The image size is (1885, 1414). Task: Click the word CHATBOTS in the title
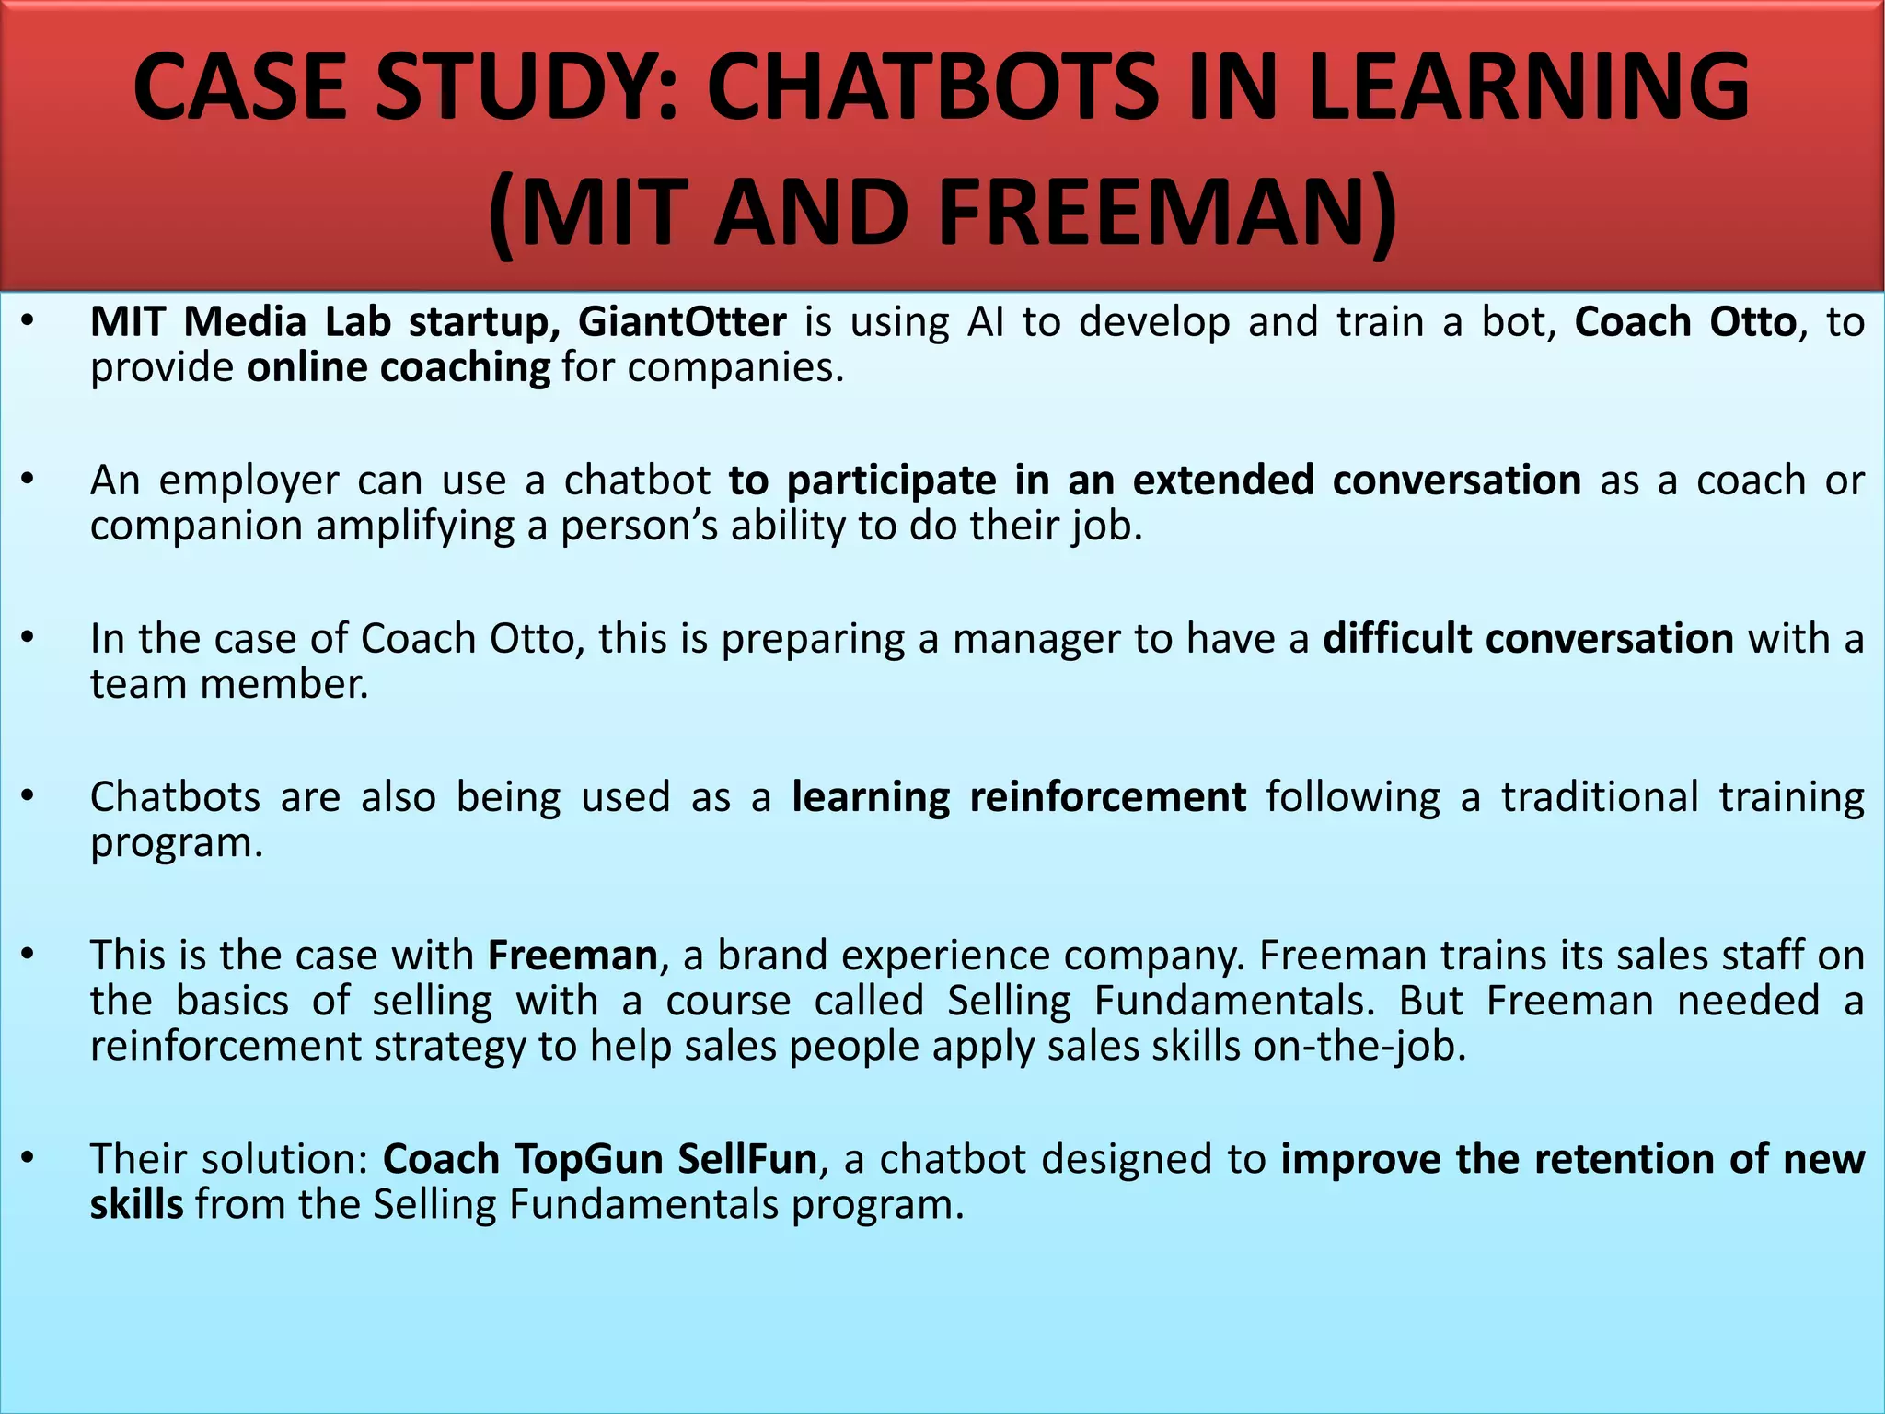tap(935, 87)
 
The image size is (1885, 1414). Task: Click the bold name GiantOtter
tap(682, 322)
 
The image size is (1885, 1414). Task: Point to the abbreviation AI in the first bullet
tap(986, 322)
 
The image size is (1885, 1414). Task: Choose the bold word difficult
tap(1397, 639)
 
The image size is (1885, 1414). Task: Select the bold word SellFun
tap(747, 1159)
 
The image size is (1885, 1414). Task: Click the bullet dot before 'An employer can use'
tap(28, 480)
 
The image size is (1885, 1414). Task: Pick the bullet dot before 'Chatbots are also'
tap(28, 796)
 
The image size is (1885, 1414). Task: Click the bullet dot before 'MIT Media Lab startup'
tap(28, 321)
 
